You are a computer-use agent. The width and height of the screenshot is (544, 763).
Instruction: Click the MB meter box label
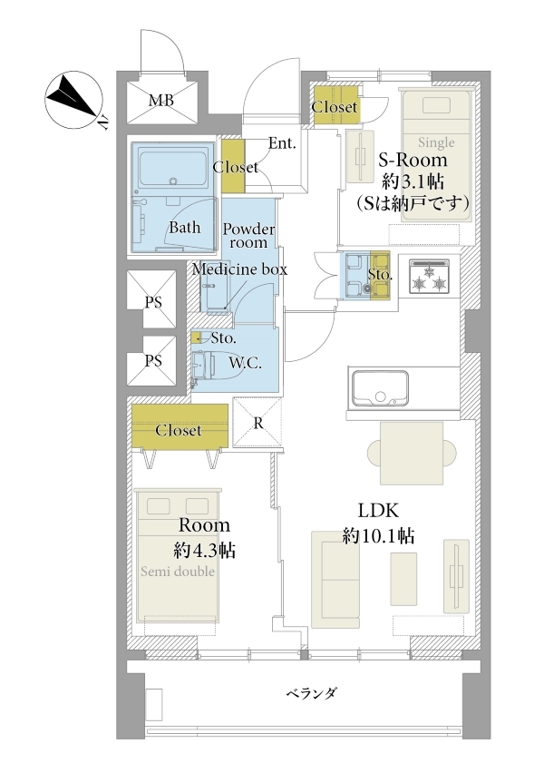click(161, 101)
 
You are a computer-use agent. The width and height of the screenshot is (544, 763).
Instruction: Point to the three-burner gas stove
click(429, 277)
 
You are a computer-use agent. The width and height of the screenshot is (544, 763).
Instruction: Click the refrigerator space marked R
click(257, 423)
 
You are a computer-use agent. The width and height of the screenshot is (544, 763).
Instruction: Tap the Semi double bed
click(179, 554)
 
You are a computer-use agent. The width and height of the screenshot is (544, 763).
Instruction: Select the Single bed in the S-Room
click(436, 156)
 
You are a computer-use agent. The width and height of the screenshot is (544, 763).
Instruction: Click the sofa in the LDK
click(335, 579)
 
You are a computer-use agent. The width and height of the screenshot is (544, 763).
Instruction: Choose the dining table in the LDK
click(412, 452)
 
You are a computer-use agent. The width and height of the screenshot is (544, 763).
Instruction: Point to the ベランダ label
click(311, 693)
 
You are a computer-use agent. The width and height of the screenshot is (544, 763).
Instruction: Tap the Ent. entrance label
click(283, 143)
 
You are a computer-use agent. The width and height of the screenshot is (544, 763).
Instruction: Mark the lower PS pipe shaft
click(151, 360)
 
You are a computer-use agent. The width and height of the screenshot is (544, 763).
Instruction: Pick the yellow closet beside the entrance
click(233, 165)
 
